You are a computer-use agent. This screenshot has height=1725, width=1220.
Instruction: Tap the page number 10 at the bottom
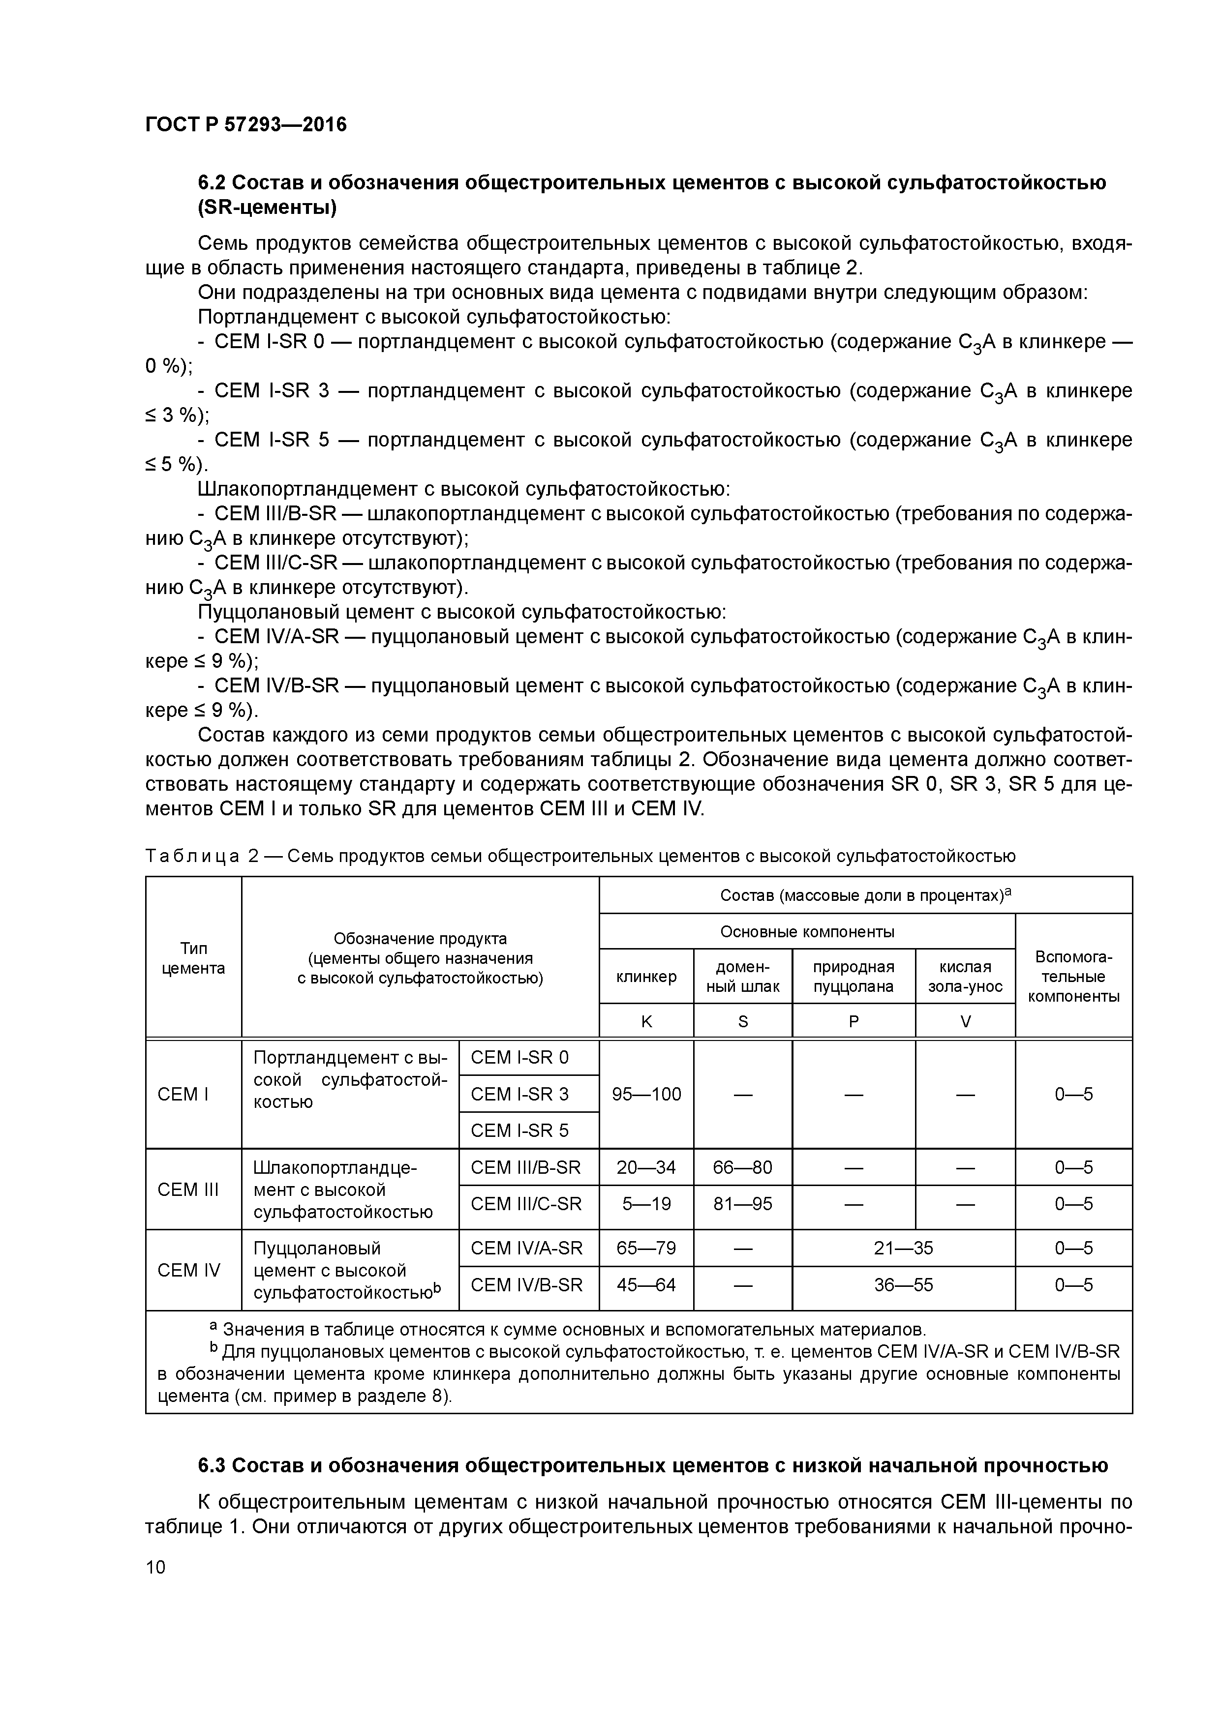(155, 1567)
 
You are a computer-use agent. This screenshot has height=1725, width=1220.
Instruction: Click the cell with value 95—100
(646, 1094)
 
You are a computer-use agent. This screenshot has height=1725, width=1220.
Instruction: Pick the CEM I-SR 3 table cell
(519, 1094)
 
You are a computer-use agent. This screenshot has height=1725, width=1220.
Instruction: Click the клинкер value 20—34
(646, 1167)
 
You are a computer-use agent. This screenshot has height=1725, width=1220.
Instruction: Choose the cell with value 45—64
(646, 1285)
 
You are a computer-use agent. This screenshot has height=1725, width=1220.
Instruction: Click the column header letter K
(646, 1021)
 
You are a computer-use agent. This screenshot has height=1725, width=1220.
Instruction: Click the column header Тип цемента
(193, 958)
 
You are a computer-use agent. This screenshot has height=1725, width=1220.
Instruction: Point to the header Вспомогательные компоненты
(1073, 976)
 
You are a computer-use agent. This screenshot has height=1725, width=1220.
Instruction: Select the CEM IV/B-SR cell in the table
(526, 1285)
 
